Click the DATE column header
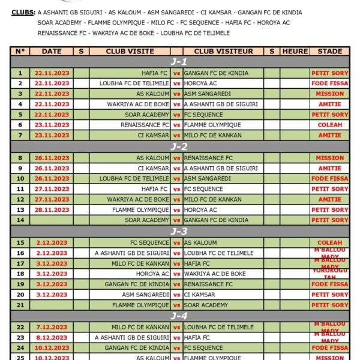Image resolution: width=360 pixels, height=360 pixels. [52, 52]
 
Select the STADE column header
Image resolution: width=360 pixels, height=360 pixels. [329, 52]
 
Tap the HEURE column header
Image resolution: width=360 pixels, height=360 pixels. [295, 52]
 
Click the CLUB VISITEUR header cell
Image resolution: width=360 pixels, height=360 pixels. [223, 52]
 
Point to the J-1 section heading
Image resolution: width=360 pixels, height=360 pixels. [179, 62]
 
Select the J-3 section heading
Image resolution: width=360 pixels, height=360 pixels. [179, 232]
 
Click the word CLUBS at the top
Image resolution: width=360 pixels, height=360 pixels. [23, 12]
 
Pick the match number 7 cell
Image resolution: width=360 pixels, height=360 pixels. [20, 135]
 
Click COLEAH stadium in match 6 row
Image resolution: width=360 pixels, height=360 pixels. [329, 125]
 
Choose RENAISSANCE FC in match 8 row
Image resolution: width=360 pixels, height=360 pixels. [208, 158]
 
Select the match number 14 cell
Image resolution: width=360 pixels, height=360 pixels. [20, 220]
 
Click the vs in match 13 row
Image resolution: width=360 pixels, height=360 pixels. [176, 210]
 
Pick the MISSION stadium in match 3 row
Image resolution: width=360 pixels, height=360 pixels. [329, 94]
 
